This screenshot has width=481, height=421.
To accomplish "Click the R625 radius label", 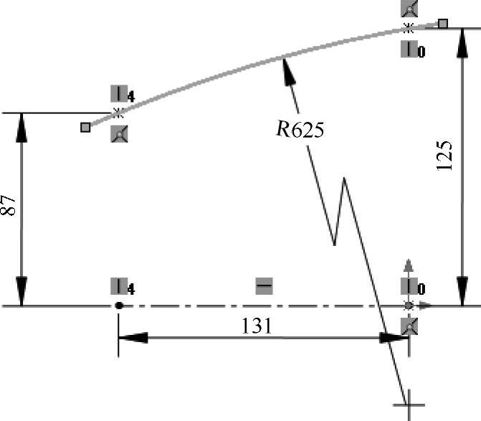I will (300, 130).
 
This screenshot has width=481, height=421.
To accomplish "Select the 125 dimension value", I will (444, 155).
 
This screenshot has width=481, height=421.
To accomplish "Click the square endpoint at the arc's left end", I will (85, 127).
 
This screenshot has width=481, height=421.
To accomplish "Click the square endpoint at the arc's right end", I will (443, 24).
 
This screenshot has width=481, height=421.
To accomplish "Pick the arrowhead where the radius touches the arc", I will (287, 68).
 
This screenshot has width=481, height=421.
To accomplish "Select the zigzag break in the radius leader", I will (340, 212).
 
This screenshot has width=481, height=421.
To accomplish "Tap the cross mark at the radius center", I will (409, 397).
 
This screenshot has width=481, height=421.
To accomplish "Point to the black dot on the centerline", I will (118, 306).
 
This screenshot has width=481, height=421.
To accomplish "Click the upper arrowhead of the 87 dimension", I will (22, 125).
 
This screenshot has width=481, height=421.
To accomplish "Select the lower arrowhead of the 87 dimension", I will (22, 295).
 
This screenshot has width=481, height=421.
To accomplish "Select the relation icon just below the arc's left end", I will (119, 133).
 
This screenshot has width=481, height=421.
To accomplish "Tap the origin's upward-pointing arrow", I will (409, 265).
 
